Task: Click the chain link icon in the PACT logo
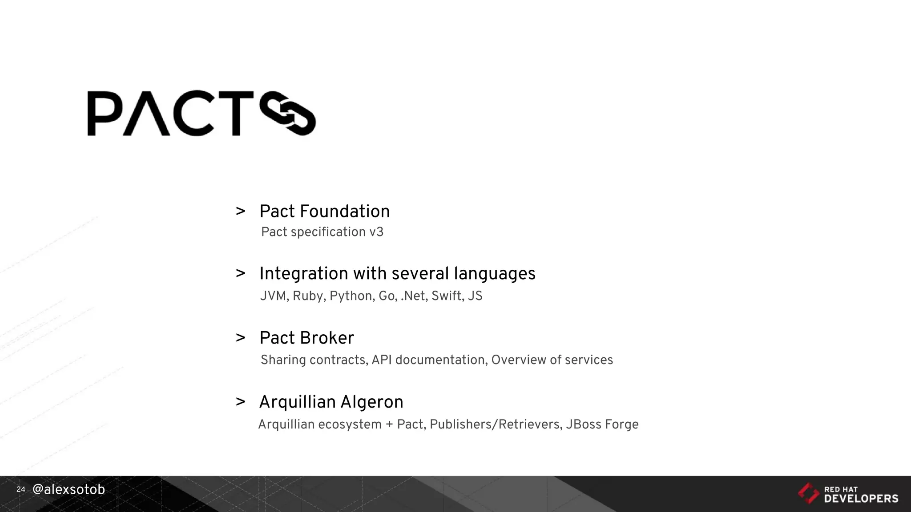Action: [288, 113]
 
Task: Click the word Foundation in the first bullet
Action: [345, 212]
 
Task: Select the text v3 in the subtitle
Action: [376, 232]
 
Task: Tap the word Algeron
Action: [372, 402]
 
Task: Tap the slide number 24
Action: [20, 489]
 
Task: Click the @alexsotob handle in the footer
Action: [69, 489]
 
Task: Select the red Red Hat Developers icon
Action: [808, 493]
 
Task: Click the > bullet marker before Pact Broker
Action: [241, 338]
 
